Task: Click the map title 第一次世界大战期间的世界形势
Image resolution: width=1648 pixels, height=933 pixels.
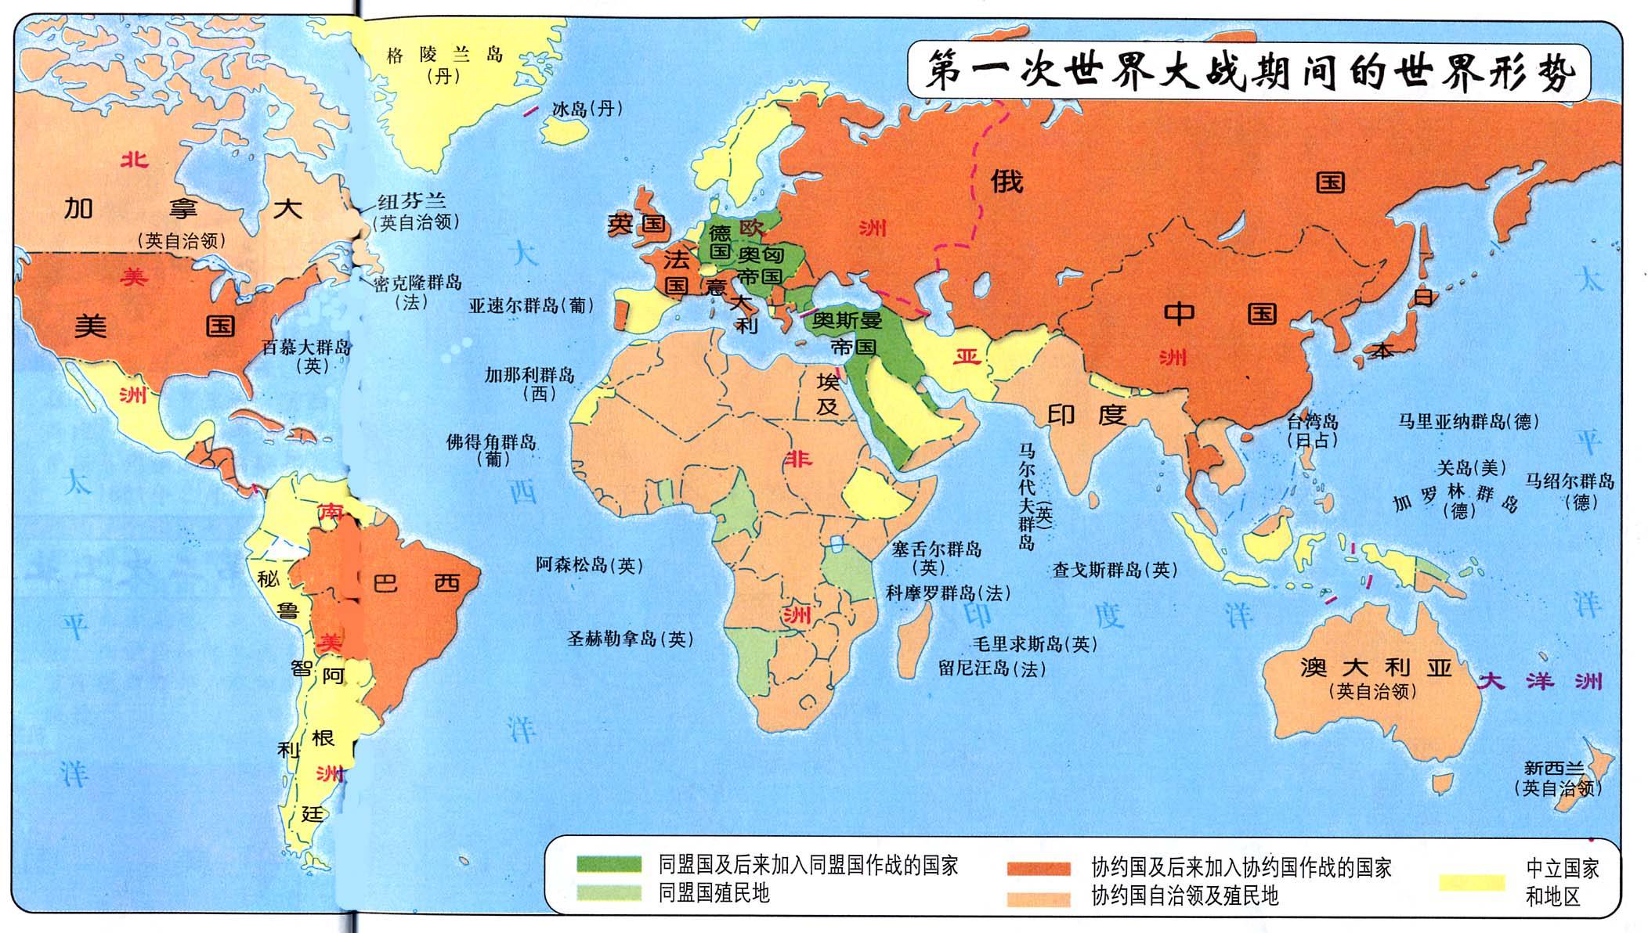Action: [1249, 73]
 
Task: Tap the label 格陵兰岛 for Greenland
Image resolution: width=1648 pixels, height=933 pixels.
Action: [444, 56]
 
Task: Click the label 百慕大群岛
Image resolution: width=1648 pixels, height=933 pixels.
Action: [306, 347]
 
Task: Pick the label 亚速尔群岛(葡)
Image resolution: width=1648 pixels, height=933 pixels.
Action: [531, 306]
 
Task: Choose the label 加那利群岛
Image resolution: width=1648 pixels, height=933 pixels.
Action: [529, 375]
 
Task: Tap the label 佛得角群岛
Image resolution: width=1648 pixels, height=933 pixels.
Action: [491, 442]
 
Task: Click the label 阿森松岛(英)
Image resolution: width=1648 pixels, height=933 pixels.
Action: [589, 565]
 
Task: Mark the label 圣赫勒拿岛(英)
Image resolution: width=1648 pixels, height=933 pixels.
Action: [631, 639]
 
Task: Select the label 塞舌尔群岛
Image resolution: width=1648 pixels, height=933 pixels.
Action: [936, 549]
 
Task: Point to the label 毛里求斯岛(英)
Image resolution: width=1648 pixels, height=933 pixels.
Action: [1034, 644]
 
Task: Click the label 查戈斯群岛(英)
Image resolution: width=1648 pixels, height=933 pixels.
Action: [1115, 570]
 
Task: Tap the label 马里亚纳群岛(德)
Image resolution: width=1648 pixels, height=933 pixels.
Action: [1469, 422]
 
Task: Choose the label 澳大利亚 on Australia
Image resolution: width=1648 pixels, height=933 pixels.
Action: [1376, 668]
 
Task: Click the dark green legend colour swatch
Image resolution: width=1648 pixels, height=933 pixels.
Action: [609, 864]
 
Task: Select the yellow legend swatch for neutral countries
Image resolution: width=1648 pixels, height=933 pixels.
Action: [1472, 883]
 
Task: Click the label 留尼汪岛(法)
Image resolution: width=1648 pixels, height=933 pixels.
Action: [992, 669]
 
